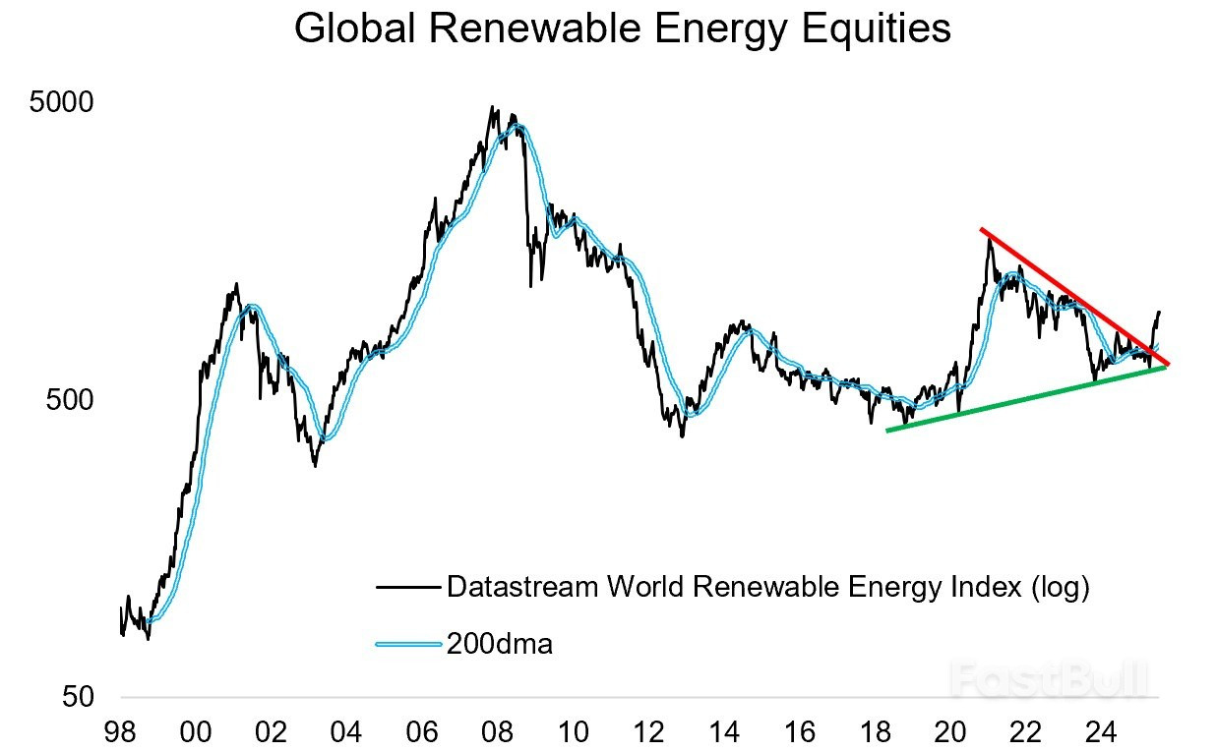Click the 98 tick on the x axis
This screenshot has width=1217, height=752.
[x=120, y=732]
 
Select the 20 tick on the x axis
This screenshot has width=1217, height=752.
[x=950, y=732]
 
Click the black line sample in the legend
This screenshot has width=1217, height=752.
[x=407, y=588]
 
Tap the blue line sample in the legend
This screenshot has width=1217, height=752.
[x=407, y=645]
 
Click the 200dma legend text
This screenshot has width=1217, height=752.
[x=500, y=645]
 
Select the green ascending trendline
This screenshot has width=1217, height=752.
[x=1023, y=398]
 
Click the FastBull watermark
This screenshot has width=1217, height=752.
[x=1051, y=678]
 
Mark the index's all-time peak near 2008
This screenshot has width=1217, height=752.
[x=491, y=107]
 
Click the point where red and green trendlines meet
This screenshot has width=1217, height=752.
[x=1167, y=365]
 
